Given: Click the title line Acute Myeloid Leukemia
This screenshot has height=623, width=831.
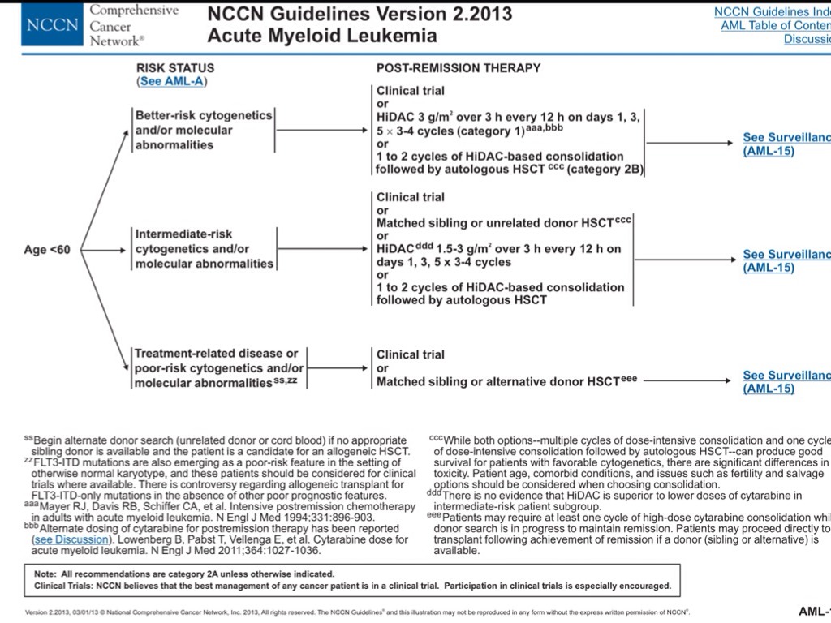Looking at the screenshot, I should [x=321, y=36].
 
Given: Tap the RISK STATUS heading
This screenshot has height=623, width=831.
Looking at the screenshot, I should [x=175, y=68].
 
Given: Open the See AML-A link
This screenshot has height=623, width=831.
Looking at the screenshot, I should [x=167, y=82].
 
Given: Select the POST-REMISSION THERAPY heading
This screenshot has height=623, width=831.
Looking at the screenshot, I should [x=459, y=68].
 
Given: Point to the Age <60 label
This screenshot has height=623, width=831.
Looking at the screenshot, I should [x=47, y=249].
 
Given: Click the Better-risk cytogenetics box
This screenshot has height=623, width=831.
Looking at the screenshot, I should [x=205, y=130].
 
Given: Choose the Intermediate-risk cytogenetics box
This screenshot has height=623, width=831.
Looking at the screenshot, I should [x=205, y=249].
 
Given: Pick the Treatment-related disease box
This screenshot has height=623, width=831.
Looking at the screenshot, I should [x=218, y=367].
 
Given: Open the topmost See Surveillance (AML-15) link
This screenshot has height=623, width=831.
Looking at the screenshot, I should [x=786, y=144].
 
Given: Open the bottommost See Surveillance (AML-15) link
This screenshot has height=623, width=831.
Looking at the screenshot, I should [x=786, y=382].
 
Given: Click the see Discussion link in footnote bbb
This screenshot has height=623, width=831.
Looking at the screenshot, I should [x=64, y=539].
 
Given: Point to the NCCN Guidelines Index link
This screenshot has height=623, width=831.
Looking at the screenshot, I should [x=772, y=11].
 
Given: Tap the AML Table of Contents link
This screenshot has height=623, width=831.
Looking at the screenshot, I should [x=775, y=25].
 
